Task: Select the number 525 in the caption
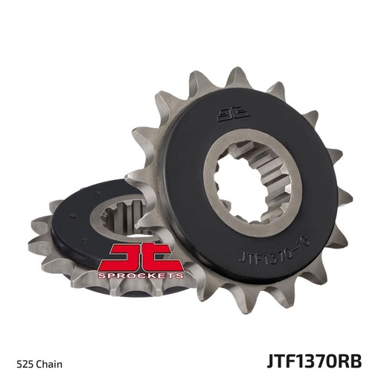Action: (x=35, y=343)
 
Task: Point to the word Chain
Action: (x=55, y=343)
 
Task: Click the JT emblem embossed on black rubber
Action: (x=229, y=114)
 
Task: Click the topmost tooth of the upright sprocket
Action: (x=237, y=76)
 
